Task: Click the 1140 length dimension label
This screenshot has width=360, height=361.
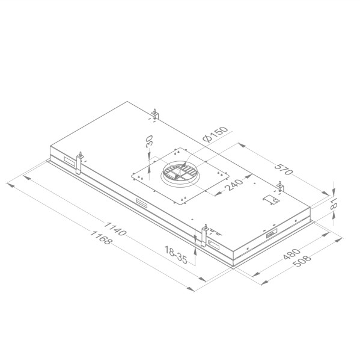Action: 115,231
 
